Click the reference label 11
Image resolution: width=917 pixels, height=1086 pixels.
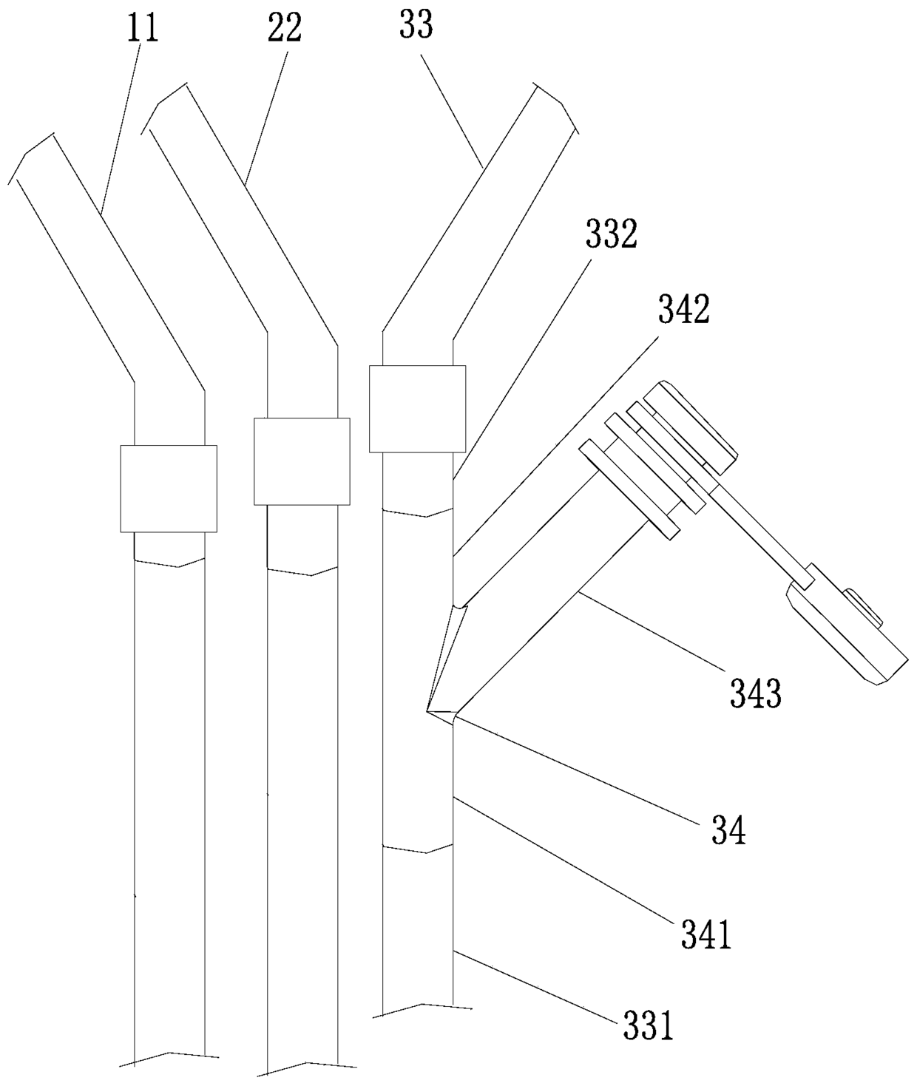click(x=143, y=30)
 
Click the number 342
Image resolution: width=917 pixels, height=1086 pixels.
click(x=683, y=310)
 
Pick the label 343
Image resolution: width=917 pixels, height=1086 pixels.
click(x=756, y=693)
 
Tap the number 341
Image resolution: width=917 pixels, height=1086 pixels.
click(x=705, y=934)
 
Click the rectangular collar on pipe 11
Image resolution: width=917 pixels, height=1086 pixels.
click(x=169, y=489)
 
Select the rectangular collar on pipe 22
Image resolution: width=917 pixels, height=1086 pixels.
click(x=301, y=461)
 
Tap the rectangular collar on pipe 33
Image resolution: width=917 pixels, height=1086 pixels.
click(x=417, y=408)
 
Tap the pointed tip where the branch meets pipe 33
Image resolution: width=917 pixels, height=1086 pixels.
click(x=429, y=711)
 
